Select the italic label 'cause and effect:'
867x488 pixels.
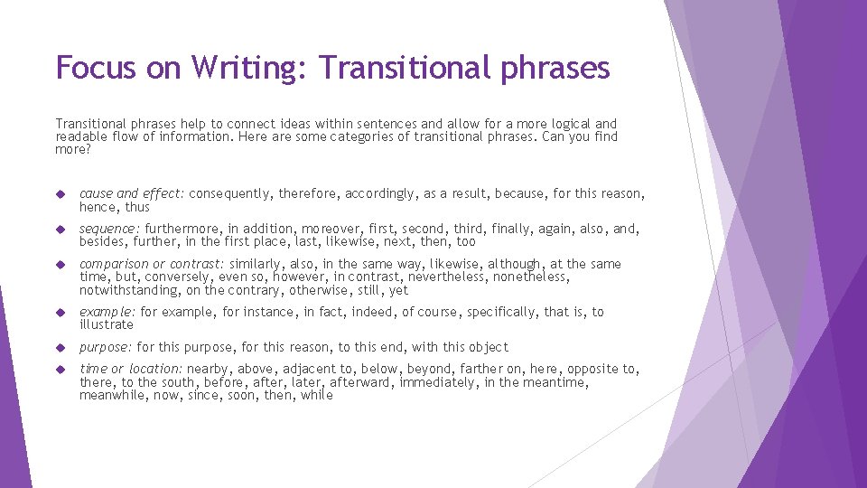pos(132,193)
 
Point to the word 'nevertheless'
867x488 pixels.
pos(448,277)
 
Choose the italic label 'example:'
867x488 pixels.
pos(107,312)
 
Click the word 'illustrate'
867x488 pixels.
pos(107,324)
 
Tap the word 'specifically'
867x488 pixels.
pos(492,312)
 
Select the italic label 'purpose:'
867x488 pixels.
pos(107,347)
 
